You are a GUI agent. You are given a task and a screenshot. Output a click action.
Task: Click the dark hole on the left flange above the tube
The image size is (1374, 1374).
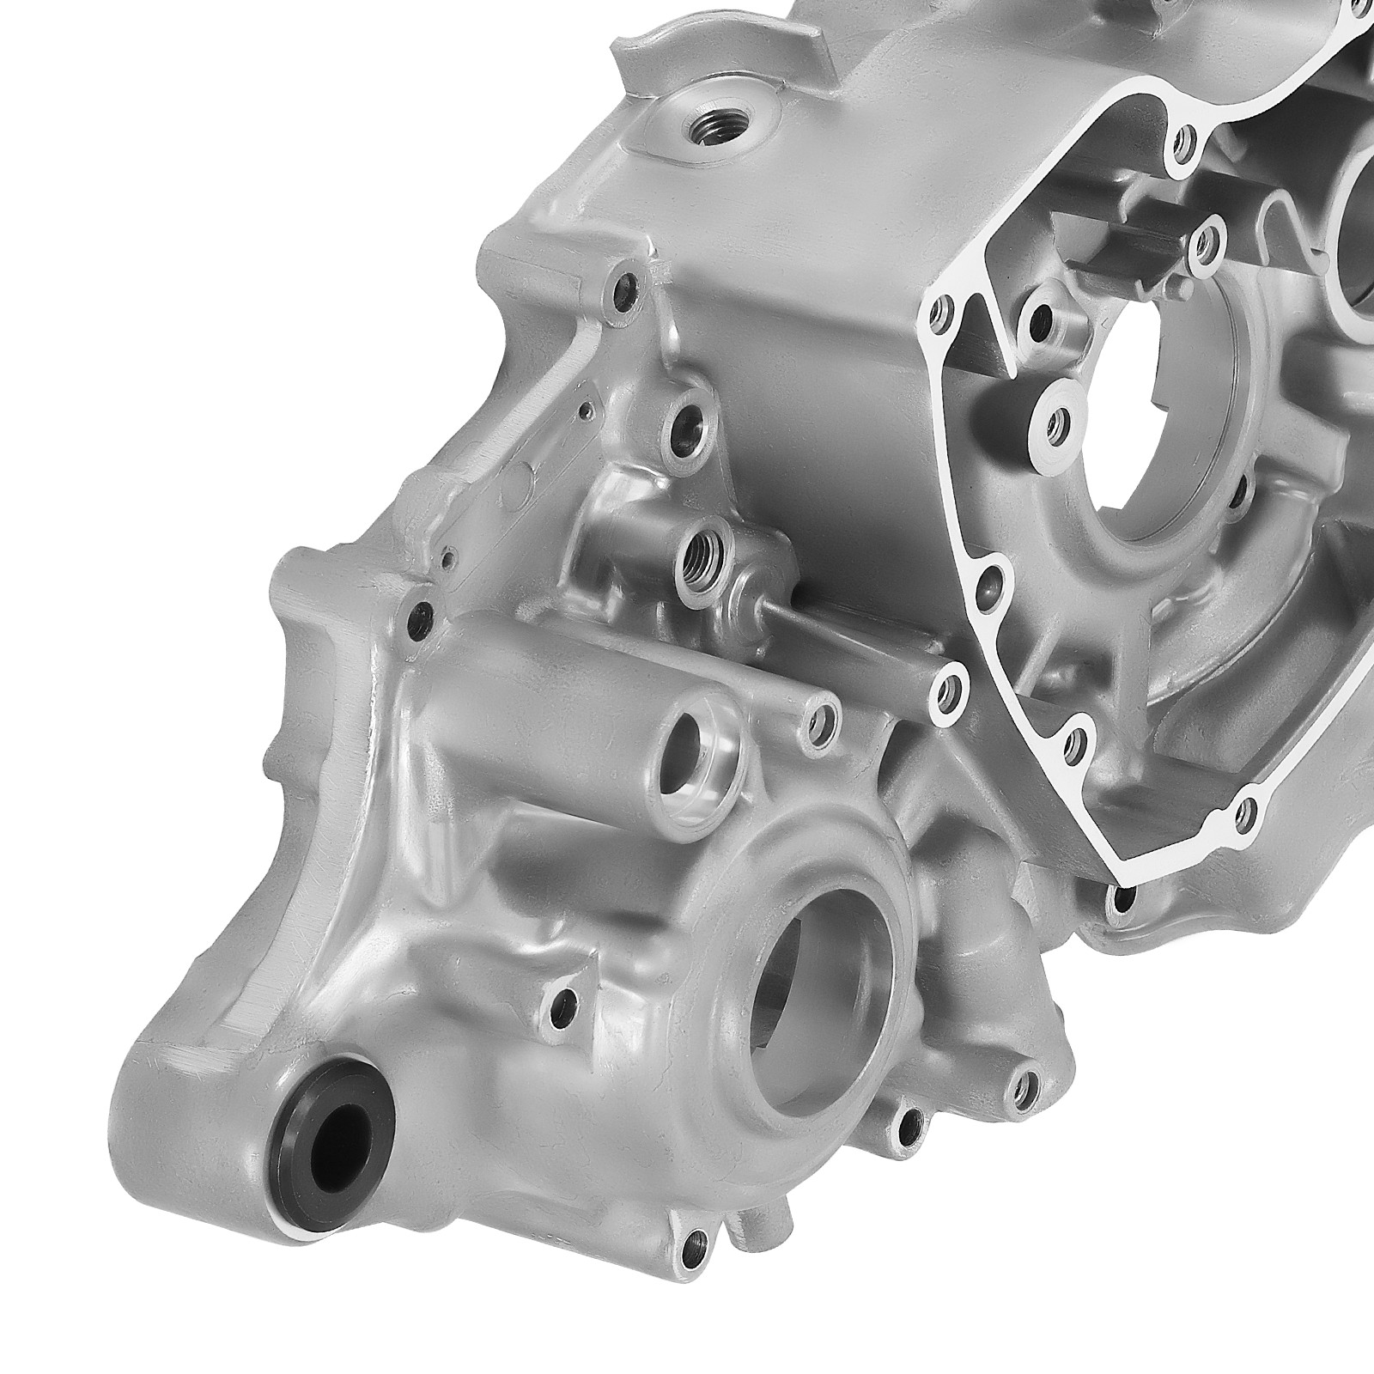point(421,614)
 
